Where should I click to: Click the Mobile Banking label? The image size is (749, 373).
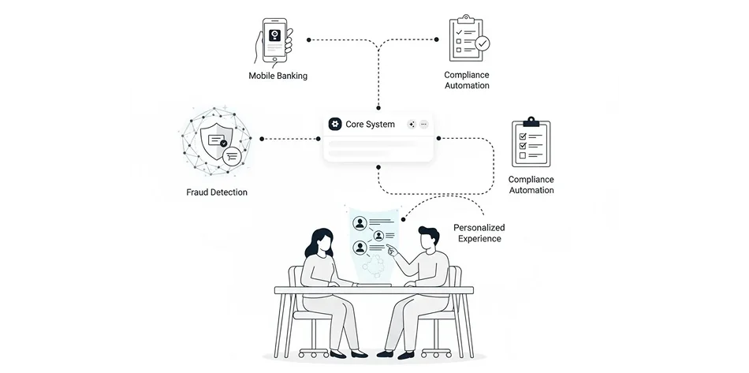click(278, 76)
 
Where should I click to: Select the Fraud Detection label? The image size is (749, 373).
click(217, 192)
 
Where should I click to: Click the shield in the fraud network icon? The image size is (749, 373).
click(214, 142)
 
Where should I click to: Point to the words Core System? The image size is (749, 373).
click(370, 125)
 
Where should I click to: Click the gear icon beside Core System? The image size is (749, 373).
click(335, 125)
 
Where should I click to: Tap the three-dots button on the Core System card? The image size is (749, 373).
click(423, 125)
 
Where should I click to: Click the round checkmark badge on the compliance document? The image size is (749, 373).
click(482, 44)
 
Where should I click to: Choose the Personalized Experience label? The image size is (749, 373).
click(478, 233)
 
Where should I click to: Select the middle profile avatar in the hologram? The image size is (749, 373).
click(379, 235)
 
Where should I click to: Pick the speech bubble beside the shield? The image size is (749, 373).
click(232, 157)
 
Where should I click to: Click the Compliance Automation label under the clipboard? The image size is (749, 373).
click(531, 185)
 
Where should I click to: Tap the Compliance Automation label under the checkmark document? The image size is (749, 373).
click(467, 80)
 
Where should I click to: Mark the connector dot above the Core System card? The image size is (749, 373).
click(379, 107)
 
